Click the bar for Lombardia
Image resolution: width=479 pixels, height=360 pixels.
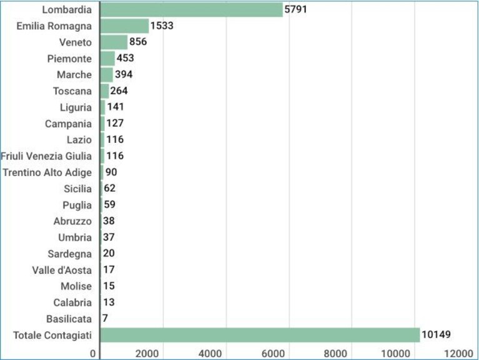[x=192, y=9]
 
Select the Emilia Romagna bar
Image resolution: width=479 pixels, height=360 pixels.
[x=125, y=26]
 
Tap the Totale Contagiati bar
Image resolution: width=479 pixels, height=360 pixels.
[x=260, y=335]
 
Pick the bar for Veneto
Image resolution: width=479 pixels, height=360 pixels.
[x=114, y=42]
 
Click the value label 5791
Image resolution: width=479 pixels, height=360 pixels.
[x=295, y=9]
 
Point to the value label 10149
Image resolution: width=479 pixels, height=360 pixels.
[x=436, y=334]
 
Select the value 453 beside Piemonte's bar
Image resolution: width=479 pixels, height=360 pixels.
[x=126, y=58]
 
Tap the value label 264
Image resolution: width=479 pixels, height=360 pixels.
[x=119, y=90]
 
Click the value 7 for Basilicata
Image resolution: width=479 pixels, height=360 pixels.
[x=105, y=318]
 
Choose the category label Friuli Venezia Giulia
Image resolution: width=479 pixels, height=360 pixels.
[x=46, y=156]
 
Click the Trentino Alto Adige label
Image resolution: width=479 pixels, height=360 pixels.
[x=47, y=172]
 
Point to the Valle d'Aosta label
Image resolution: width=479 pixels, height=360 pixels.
[x=62, y=270]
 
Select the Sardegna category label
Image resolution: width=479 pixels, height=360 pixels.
[x=70, y=254]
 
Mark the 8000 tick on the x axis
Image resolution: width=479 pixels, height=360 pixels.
[x=335, y=353]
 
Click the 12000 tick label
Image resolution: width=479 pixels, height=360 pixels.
[x=458, y=353]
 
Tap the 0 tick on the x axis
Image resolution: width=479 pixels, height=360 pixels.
[x=93, y=353]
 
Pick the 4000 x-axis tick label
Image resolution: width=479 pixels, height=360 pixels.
[x=210, y=353]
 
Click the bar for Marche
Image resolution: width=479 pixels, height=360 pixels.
[x=107, y=75]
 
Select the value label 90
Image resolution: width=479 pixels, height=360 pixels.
[x=111, y=172]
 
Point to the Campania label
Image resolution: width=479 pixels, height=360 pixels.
[x=68, y=124]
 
